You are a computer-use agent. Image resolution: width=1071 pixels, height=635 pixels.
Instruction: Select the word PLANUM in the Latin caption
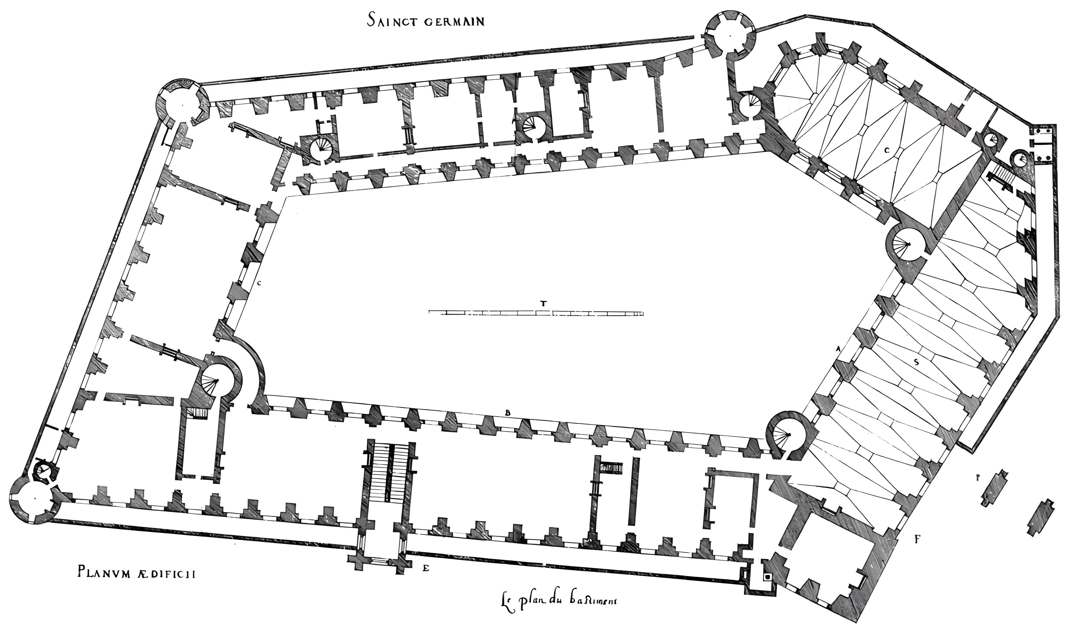104,572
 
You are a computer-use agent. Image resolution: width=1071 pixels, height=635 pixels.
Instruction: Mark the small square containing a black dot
768,577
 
